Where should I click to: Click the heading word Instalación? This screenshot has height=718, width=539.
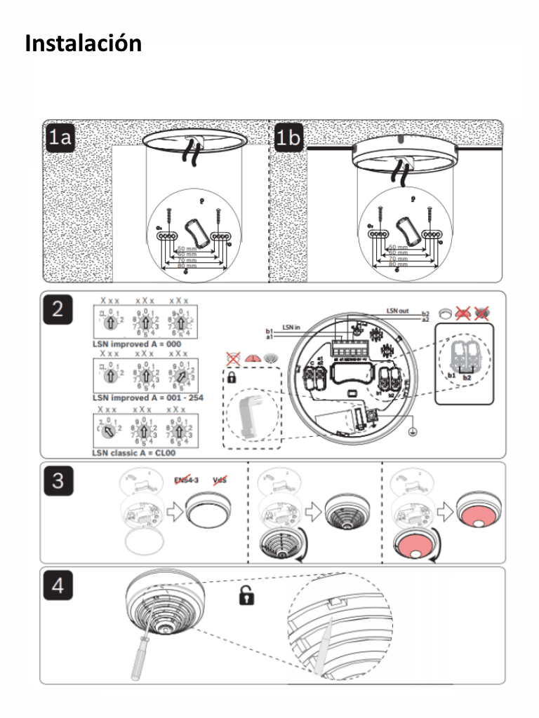83,43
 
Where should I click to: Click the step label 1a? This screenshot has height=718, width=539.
60,138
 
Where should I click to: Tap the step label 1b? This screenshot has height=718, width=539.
288,138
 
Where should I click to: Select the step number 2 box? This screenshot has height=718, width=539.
59,309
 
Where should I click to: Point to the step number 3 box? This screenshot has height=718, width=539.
59,480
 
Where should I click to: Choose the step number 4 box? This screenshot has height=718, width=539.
59,585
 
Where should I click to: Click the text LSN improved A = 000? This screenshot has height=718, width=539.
136,344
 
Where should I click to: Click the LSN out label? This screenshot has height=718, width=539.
398,309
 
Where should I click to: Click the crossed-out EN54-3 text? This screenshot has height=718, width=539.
187,480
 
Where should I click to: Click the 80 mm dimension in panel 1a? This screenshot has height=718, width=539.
187,266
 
